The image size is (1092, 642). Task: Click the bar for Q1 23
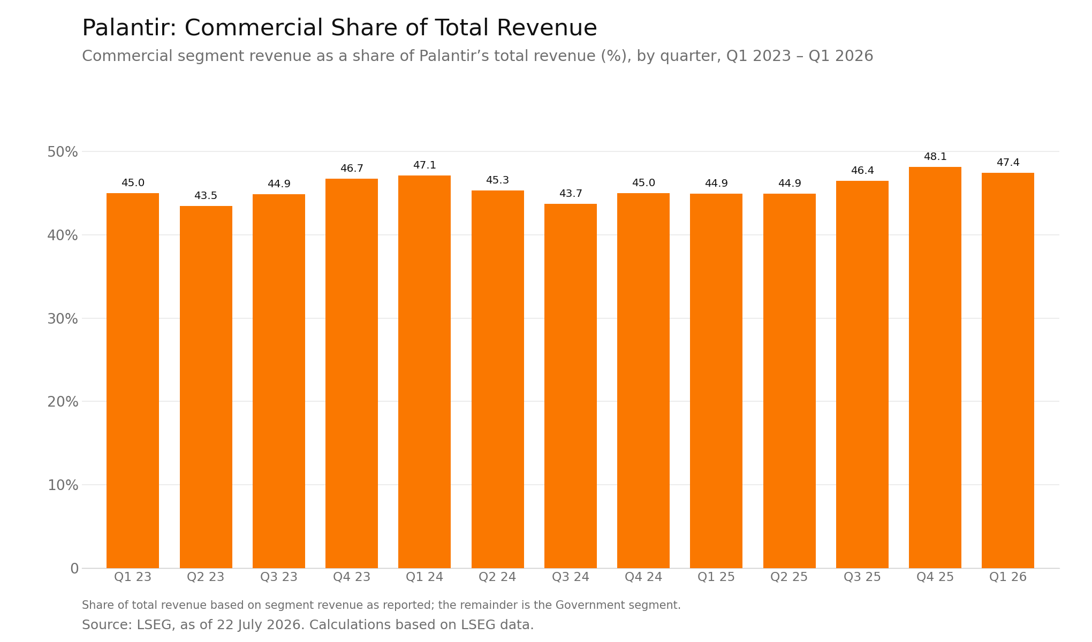(x=133, y=380)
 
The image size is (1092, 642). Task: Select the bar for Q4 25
(x=935, y=368)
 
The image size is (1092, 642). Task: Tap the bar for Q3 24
(x=571, y=386)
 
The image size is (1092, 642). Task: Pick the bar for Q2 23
(x=206, y=387)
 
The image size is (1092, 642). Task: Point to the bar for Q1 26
(x=1008, y=370)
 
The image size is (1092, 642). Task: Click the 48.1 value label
(x=935, y=157)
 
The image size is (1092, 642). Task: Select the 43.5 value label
(x=206, y=196)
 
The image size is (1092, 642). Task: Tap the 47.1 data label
(x=424, y=165)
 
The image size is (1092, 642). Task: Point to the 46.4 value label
(x=862, y=171)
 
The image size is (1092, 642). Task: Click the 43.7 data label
(x=571, y=194)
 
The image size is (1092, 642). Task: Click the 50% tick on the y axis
(x=63, y=152)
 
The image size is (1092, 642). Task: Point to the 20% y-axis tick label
(x=63, y=402)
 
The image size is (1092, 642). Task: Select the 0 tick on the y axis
(x=74, y=569)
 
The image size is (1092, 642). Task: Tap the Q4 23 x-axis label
(x=352, y=577)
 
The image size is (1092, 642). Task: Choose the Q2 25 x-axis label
(x=789, y=577)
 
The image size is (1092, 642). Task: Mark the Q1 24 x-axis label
(x=424, y=577)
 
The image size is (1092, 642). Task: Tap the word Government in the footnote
(x=588, y=605)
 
